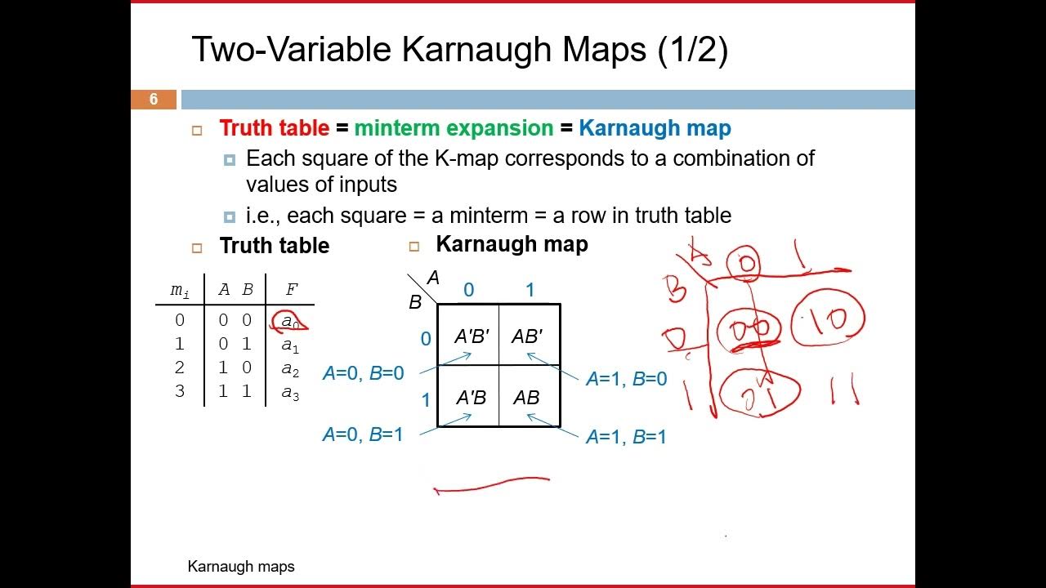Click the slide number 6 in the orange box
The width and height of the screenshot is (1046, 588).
153,100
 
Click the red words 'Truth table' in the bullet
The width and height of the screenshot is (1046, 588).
274,128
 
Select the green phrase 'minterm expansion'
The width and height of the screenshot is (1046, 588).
454,128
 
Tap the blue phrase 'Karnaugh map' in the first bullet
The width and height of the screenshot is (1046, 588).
655,128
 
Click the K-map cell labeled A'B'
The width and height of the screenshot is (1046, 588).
471,336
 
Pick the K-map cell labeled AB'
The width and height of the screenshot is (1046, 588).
527,336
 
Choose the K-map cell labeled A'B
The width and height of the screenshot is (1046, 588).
471,398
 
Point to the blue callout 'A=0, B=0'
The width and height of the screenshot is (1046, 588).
364,373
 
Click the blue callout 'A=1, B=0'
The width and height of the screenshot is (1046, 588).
626,379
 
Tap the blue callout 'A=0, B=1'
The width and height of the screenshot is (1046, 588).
363,434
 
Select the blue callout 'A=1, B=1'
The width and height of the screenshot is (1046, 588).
626,437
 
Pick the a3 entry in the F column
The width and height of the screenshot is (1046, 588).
290,393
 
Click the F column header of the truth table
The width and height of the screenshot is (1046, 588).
292,289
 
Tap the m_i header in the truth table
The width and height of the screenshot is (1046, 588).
180,290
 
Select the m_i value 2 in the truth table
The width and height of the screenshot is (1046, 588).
180,368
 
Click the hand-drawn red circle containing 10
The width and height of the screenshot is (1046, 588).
829,321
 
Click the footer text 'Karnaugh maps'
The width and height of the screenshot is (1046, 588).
241,566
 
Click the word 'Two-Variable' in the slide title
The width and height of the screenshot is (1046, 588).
290,50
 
